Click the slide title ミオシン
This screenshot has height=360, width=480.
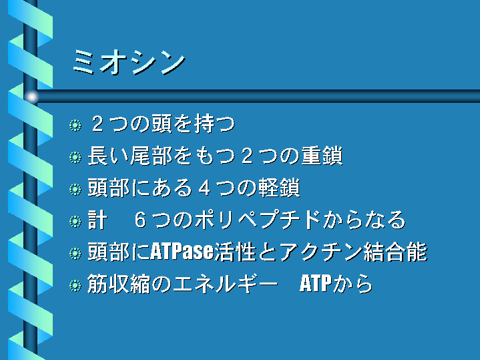[x=129, y=63]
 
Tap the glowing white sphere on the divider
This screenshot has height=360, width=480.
[x=31, y=97]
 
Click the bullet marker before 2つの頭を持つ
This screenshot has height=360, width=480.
[x=75, y=125]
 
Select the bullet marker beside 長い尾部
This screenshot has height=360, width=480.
[x=75, y=157]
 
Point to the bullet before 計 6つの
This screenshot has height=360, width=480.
[x=75, y=221]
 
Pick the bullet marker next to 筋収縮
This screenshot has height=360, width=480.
[x=75, y=286]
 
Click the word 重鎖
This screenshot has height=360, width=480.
[x=322, y=156]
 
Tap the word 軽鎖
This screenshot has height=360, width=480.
[x=279, y=188]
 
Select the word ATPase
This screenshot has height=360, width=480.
[x=182, y=252]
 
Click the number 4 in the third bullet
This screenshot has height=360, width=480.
[x=204, y=188]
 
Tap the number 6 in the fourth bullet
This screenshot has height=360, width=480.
[x=140, y=220]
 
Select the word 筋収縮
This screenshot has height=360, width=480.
[x=119, y=284]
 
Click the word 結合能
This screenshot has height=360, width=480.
[x=395, y=252]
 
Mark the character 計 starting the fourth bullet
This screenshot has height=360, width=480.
[x=97, y=220]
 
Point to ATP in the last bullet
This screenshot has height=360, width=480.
[x=316, y=284]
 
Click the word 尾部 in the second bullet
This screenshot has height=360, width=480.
[x=152, y=156]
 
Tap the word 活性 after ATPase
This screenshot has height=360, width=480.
[x=236, y=252]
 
